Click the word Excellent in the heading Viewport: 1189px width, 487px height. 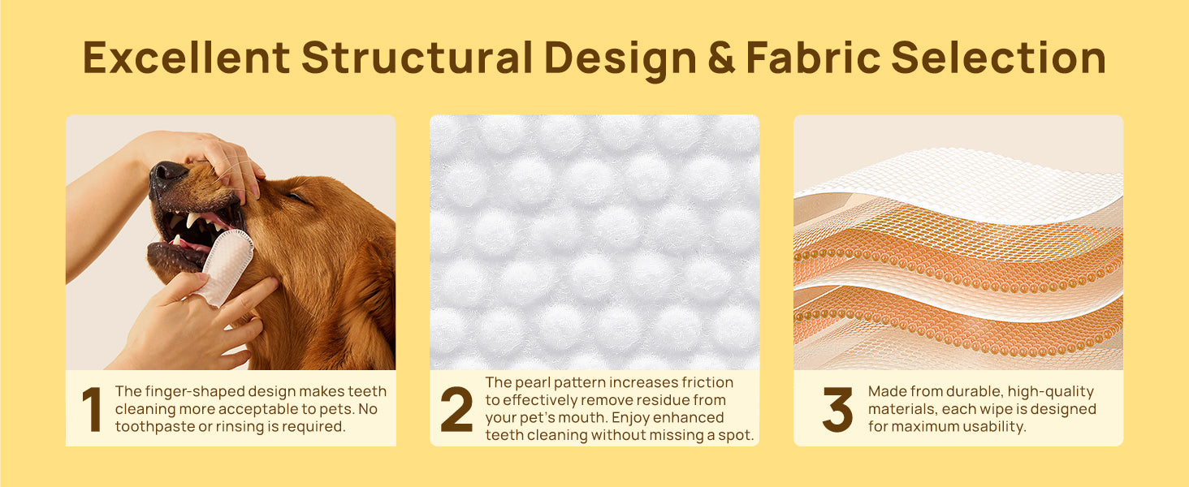click(x=186, y=58)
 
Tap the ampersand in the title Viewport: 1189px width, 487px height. click(x=721, y=58)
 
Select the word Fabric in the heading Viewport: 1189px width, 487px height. click(x=813, y=58)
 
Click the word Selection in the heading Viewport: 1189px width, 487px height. click(x=998, y=58)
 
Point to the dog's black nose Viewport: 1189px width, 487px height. click(x=168, y=172)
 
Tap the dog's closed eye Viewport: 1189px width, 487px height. click(x=296, y=197)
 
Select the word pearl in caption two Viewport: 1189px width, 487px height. click(x=533, y=382)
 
